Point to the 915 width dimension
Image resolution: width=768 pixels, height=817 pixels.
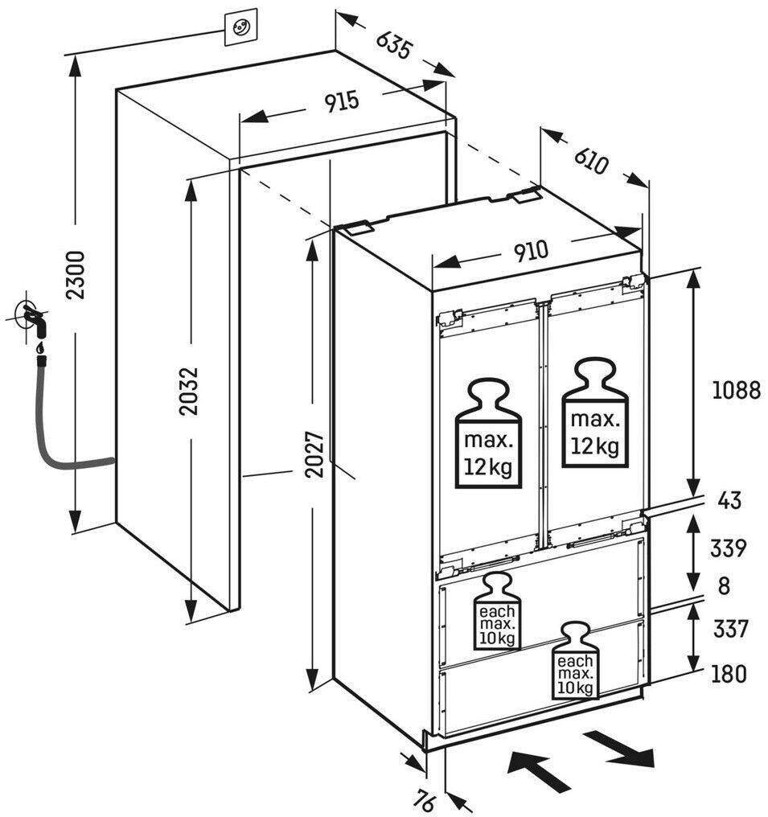(x=341, y=102)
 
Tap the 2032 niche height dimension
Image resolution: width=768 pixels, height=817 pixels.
(x=189, y=391)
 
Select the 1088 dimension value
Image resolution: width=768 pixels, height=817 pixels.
(x=736, y=391)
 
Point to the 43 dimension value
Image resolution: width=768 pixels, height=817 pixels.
(x=729, y=501)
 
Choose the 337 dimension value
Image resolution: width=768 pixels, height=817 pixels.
(x=729, y=628)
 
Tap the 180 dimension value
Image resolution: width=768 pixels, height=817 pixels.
(x=729, y=673)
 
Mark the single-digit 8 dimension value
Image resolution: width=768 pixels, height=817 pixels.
(x=724, y=586)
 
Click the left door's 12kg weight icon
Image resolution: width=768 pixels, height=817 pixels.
(x=489, y=435)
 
